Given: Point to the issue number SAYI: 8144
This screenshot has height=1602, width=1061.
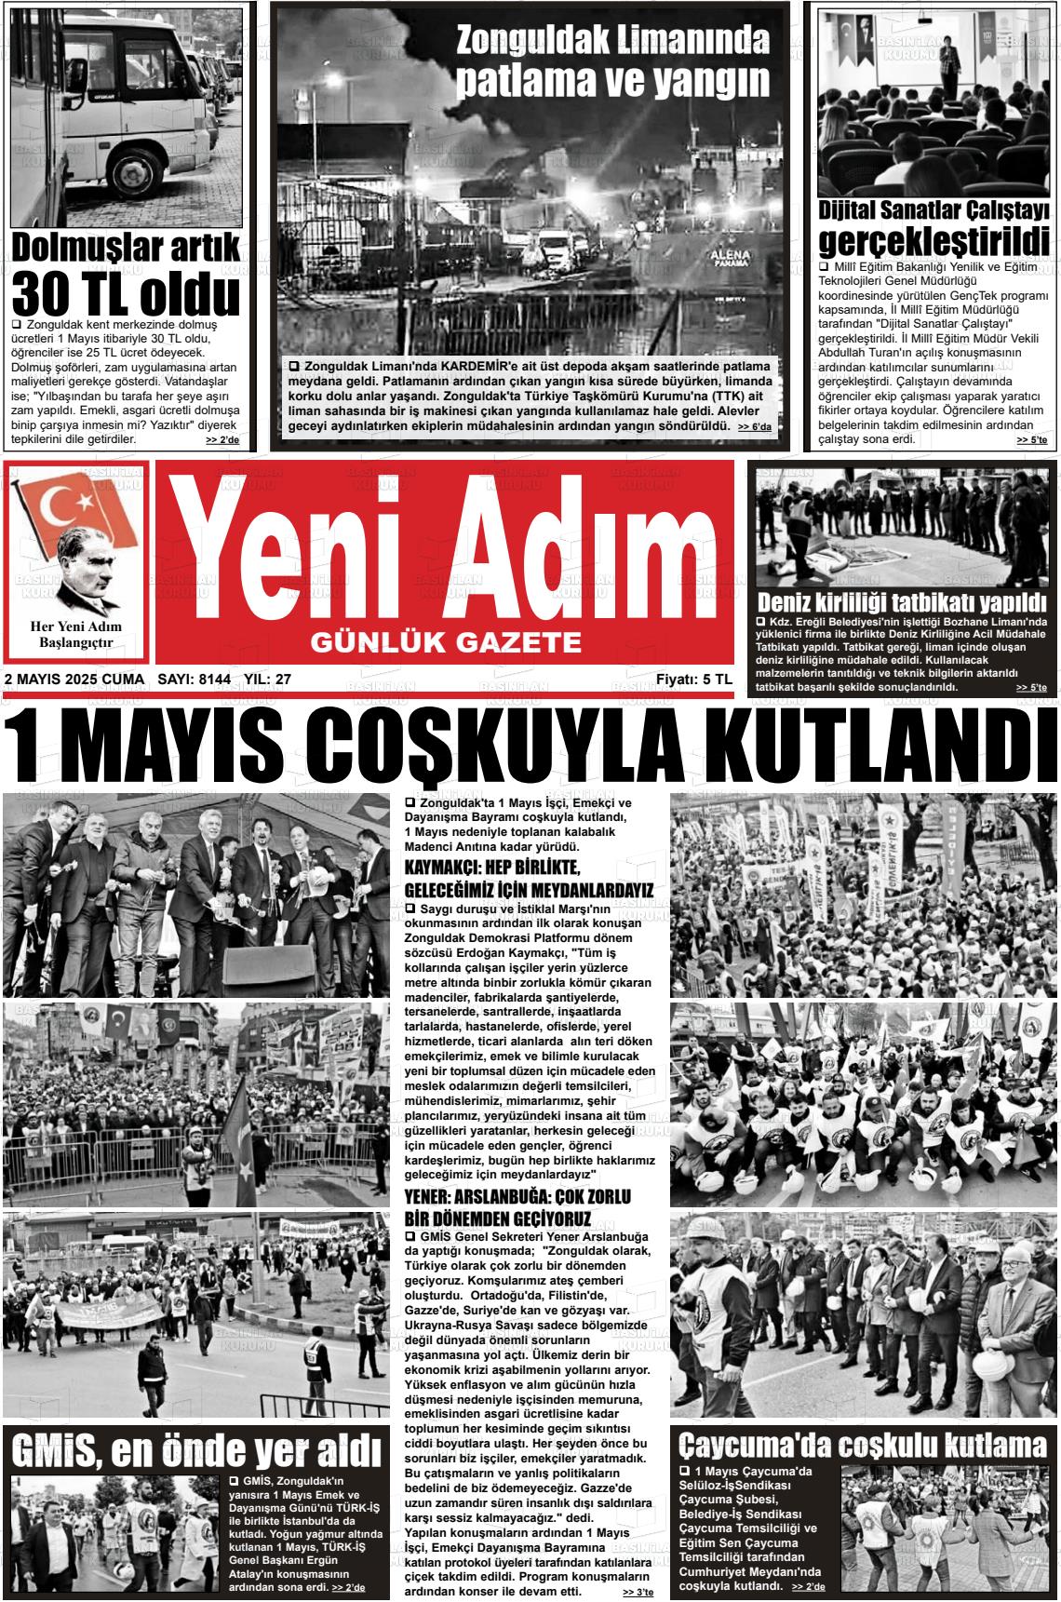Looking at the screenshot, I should (195, 680).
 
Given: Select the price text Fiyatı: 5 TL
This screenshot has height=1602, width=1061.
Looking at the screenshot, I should (693, 680).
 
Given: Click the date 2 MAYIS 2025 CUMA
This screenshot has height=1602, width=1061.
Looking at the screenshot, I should (74, 680).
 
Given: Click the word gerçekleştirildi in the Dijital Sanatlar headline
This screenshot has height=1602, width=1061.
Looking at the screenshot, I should (933, 241).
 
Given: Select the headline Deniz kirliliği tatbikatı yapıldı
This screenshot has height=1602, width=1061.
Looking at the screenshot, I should (901, 601).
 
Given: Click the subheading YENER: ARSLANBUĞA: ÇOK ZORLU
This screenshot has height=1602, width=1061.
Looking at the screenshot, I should (518, 1196).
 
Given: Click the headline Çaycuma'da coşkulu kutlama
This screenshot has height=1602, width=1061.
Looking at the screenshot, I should (862, 1445).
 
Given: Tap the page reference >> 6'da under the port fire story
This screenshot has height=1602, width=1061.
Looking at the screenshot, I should (754, 427).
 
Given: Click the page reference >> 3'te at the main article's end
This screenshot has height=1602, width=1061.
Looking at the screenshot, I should (638, 1593).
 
